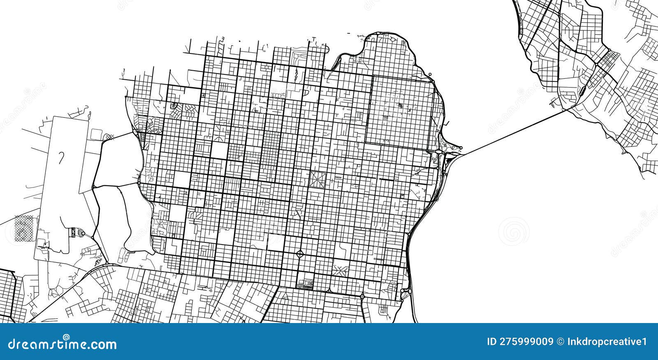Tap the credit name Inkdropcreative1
[610, 342]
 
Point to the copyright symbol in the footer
[560, 342]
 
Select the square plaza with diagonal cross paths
[317, 179]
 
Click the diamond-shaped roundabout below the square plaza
[300, 253]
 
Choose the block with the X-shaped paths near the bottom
[340, 270]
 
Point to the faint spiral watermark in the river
[514, 231]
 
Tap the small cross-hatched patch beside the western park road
[108, 137]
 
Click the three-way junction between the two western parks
[94, 187]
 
